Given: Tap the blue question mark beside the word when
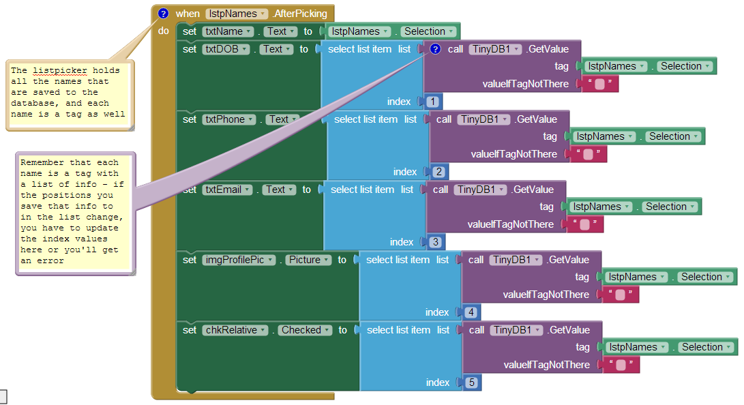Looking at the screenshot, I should click(x=163, y=14).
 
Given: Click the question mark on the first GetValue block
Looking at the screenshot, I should click(x=436, y=49).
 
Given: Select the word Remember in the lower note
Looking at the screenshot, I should click(x=40, y=162).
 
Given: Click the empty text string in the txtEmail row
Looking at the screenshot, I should click(x=584, y=224).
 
